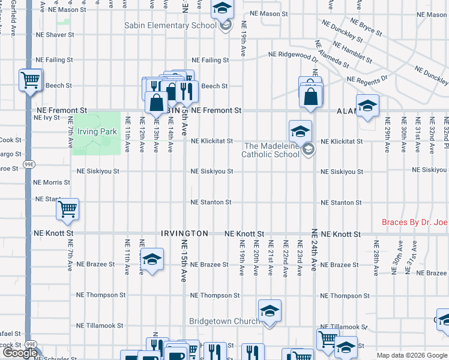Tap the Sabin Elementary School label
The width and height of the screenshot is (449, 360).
point(170,26)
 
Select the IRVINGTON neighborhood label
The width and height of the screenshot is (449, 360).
point(184,233)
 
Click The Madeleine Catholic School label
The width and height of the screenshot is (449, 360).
point(270,150)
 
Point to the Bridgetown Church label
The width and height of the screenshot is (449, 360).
point(224,322)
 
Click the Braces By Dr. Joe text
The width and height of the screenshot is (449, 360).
point(415,223)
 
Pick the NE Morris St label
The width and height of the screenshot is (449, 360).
point(53,182)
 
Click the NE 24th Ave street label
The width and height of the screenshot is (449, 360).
point(313,250)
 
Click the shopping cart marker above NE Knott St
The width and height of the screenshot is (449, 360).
point(67,210)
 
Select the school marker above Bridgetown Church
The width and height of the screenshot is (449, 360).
point(270,311)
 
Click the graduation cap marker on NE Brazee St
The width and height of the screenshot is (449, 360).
point(152,260)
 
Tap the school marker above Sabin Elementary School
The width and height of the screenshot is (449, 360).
point(221,8)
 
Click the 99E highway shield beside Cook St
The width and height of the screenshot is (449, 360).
point(29,164)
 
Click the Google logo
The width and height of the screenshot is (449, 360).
point(20,353)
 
